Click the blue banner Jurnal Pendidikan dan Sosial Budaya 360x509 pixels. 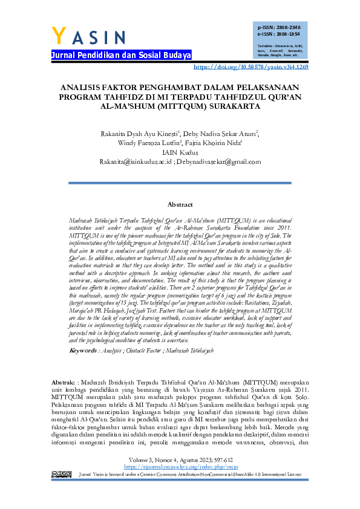[120, 55]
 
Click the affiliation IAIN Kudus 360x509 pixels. [180, 152]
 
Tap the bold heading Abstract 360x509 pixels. [180, 205]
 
